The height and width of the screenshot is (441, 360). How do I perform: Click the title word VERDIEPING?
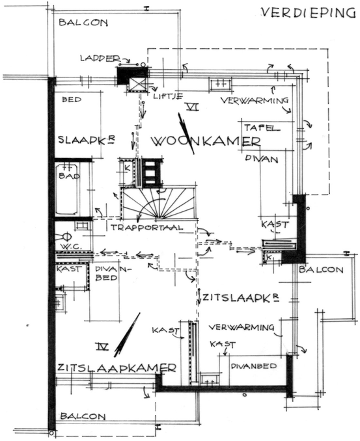(308, 13)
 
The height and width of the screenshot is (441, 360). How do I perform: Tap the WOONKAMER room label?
(206, 141)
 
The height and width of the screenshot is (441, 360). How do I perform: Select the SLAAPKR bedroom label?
(87, 140)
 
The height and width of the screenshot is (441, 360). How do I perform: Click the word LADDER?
(100, 59)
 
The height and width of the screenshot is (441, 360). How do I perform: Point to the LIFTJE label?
(168, 96)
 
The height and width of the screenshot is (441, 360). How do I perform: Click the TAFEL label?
(262, 128)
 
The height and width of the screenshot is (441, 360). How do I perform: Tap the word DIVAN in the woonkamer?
(261, 159)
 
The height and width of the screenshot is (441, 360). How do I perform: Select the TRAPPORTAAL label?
(146, 227)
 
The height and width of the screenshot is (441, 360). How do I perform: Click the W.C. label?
(72, 247)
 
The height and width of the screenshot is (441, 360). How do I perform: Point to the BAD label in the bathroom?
(69, 176)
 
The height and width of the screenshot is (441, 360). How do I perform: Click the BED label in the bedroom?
(72, 100)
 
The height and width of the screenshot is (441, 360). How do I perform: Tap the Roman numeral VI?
(193, 107)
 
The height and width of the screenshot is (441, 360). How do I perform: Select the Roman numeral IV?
(102, 347)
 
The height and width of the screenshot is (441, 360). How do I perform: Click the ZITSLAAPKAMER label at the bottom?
(117, 367)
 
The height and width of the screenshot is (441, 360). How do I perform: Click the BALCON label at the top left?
(83, 22)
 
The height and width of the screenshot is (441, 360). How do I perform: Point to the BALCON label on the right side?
(321, 270)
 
